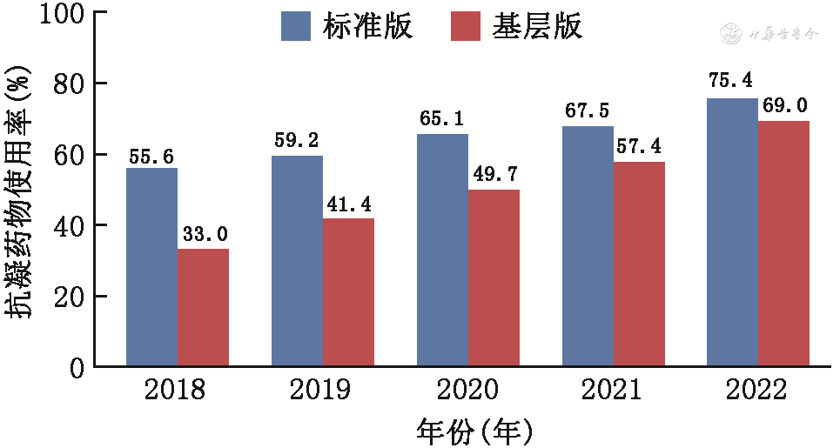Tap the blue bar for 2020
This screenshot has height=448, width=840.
pyautogui.click(x=442, y=250)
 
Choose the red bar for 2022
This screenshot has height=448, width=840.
pyautogui.click(x=783, y=243)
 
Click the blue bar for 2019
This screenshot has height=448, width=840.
pyautogui.click(x=297, y=260)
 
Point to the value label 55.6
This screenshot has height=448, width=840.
pyautogui.click(x=151, y=157)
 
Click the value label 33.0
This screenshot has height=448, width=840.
pyautogui.click(x=204, y=236)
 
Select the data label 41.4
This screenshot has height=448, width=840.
pyautogui.click(x=349, y=206)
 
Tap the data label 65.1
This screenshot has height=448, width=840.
pyautogui.click(x=442, y=119)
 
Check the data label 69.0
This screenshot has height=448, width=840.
pyautogui.click(x=783, y=106)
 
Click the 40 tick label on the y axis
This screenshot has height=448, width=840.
pyautogui.click(x=68, y=225)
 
